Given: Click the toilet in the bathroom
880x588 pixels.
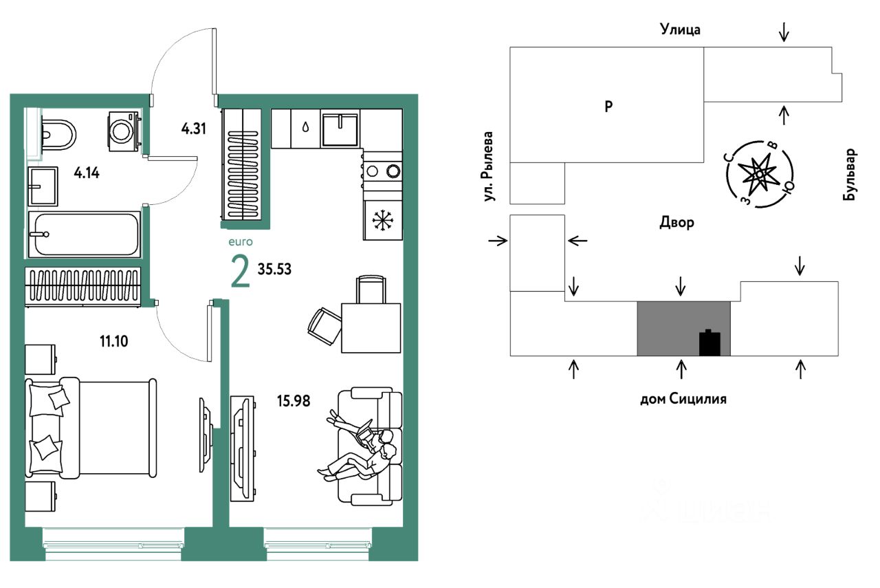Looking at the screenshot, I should [56, 133].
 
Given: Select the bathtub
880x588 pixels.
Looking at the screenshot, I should [84, 234].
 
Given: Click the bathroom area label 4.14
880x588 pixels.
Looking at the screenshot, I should [87, 173].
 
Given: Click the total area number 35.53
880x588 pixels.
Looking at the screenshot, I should [275, 269].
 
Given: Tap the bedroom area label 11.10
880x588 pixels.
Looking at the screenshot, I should [115, 340].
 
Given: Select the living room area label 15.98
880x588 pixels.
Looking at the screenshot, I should [292, 400].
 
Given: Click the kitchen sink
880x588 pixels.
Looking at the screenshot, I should [340, 129].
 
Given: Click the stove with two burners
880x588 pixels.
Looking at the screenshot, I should [382, 171].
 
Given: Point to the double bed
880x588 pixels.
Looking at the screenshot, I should [89, 427].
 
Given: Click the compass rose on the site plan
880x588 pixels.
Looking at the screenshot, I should [760, 174].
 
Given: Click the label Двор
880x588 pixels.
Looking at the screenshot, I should [676, 223].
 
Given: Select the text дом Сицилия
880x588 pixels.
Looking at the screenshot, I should [683, 398].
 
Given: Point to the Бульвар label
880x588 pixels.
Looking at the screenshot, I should [851, 175].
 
